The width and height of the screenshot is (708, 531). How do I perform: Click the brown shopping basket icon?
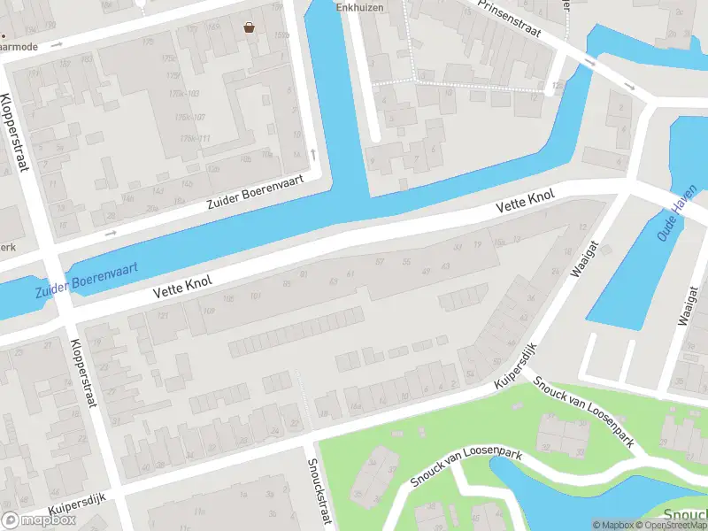(250, 27)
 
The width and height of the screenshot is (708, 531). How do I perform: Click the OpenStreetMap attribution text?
(668, 525)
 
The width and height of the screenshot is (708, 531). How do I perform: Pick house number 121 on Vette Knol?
(162, 315)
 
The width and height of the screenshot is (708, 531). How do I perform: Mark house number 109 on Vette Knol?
(209, 310)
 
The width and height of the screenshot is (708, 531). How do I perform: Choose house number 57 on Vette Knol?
(380, 262)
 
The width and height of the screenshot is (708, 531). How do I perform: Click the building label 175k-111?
(194, 139)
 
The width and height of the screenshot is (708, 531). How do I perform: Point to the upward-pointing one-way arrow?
(312, 154)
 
